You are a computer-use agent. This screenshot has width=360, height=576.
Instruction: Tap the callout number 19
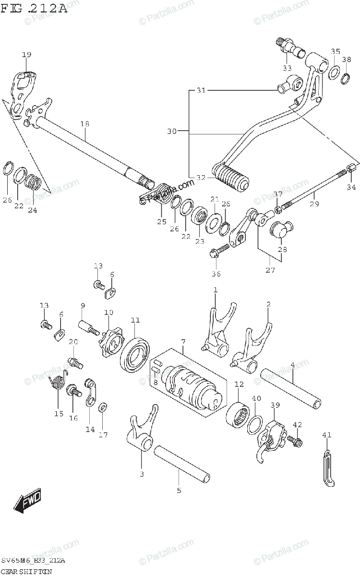(26, 55)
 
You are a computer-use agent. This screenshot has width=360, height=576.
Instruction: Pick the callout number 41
(326, 435)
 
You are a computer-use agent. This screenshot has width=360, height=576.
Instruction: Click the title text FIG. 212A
(34, 8)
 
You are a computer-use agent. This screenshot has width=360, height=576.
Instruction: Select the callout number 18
(85, 124)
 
